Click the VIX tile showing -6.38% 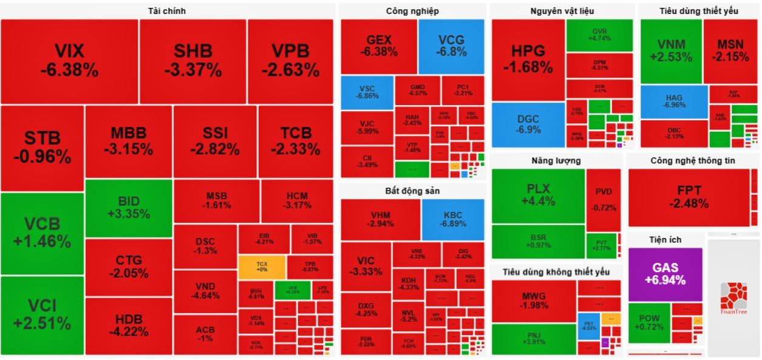69,61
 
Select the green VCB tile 42,233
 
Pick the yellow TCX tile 261,267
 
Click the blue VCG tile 451,46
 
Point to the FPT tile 689,197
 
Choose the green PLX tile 538,195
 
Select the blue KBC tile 453,219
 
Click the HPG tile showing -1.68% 528,59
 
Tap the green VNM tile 670,51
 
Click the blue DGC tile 528,124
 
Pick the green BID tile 128,208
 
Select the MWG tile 534,301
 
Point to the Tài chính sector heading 166,11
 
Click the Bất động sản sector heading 412,191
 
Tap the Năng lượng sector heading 556,160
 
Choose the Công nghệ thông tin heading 692,160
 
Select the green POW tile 648,323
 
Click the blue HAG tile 674,101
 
